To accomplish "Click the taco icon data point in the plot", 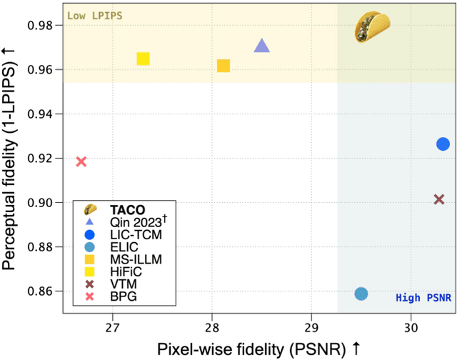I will [374, 28].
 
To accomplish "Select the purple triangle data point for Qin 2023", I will [262, 46].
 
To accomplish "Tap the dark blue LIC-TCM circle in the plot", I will [443, 144].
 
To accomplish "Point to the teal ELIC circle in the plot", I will [361, 294].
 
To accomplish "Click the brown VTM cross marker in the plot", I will [439, 199].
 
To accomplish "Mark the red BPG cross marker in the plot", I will [81, 161].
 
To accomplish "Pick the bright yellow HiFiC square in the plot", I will [143, 59].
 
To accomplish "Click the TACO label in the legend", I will [125, 210].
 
